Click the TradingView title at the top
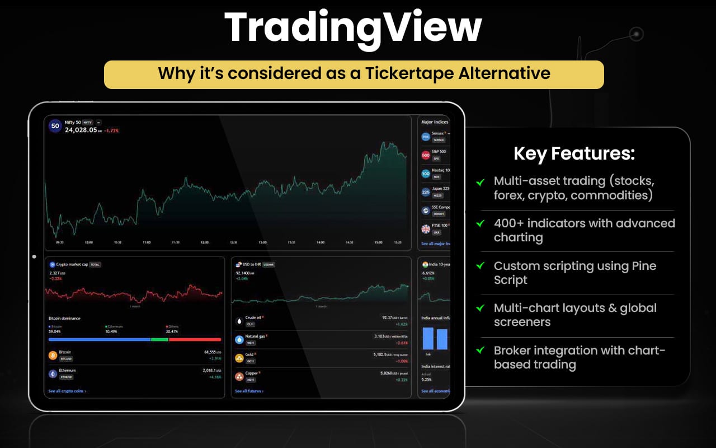(x=353, y=27)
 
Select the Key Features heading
(x=574, y=153)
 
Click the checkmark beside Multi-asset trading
(x=480, y=182)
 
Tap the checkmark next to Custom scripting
(x=480, y=266)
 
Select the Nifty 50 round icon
(x=55, y=126)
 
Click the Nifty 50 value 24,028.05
(x=81, y=130)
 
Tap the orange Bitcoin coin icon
(x=53, y=355)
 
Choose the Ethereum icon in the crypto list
(x=53, y=374)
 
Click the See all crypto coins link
(x=67, y=391)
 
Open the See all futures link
(x=249, y=391)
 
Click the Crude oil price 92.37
(x=388, y=318)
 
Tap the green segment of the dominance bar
(x=159, y=339)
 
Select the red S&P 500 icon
(x=426, y=155)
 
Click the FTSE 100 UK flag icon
(x=426, y=228)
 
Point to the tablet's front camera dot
(x=34, y=257)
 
